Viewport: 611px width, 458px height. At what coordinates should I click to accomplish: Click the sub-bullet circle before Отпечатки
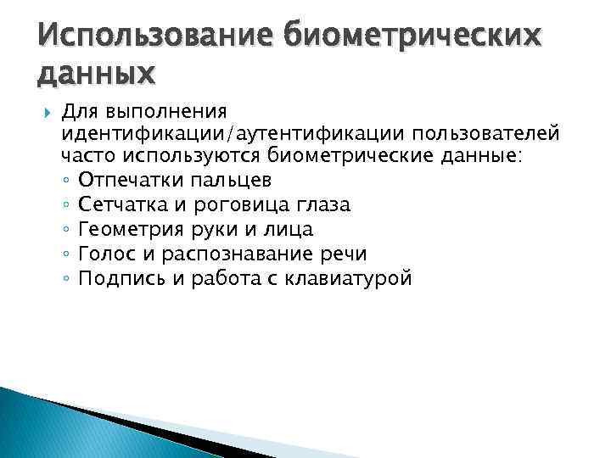click(x=66, y=182)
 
